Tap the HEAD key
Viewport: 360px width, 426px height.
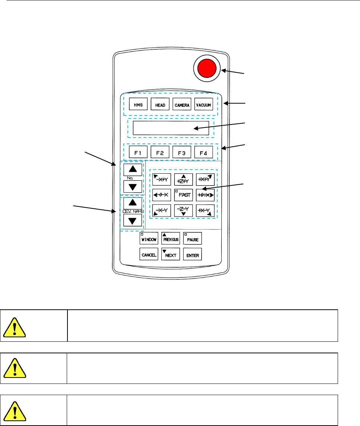[160, 105]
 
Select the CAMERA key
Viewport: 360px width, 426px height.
[182, 105]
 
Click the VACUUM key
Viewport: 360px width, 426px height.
[204, 105]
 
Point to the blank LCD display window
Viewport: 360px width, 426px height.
[171, 128]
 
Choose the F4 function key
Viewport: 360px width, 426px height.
[203, 152]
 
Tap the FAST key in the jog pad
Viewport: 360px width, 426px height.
[183, 195]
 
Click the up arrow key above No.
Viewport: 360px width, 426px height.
[133, 169]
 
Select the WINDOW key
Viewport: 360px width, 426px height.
[149, 239]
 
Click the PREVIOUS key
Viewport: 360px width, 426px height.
[171, 239]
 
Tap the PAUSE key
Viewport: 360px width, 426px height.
[193, 239]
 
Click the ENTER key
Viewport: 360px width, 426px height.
[193, 255]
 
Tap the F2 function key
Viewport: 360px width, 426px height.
[160, 152]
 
